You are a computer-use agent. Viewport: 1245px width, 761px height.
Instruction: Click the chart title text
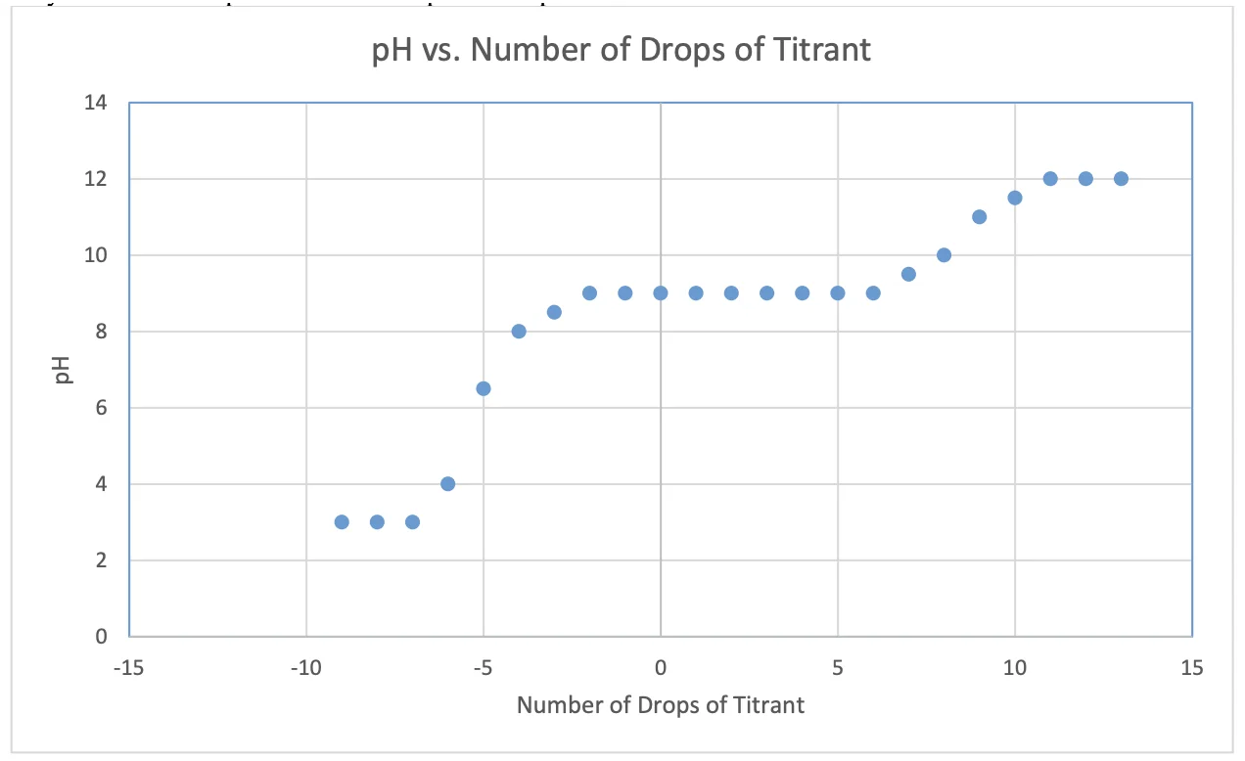622,50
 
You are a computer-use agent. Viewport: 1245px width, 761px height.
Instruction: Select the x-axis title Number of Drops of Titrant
660,704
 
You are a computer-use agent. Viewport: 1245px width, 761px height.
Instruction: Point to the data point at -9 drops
342,521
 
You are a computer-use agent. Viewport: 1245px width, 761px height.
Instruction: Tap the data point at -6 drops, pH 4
447,483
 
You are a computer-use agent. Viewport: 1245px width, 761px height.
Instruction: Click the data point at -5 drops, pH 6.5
484,388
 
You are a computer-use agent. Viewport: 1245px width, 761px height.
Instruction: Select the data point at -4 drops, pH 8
519,331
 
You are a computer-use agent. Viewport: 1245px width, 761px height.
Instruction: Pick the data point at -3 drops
554,312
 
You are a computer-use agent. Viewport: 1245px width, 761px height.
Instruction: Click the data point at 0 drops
661,292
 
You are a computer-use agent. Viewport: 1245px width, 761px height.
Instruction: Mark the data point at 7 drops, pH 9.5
908,274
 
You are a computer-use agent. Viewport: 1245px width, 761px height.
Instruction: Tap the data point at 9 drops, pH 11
979,216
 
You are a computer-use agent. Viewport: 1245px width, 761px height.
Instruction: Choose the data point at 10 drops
1015,198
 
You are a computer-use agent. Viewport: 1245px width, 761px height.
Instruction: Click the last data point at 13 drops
1121,178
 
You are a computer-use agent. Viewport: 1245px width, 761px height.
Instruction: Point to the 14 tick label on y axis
96,103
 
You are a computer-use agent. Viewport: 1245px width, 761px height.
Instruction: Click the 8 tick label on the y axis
102,332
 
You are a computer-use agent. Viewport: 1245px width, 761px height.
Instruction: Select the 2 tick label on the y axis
102,560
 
